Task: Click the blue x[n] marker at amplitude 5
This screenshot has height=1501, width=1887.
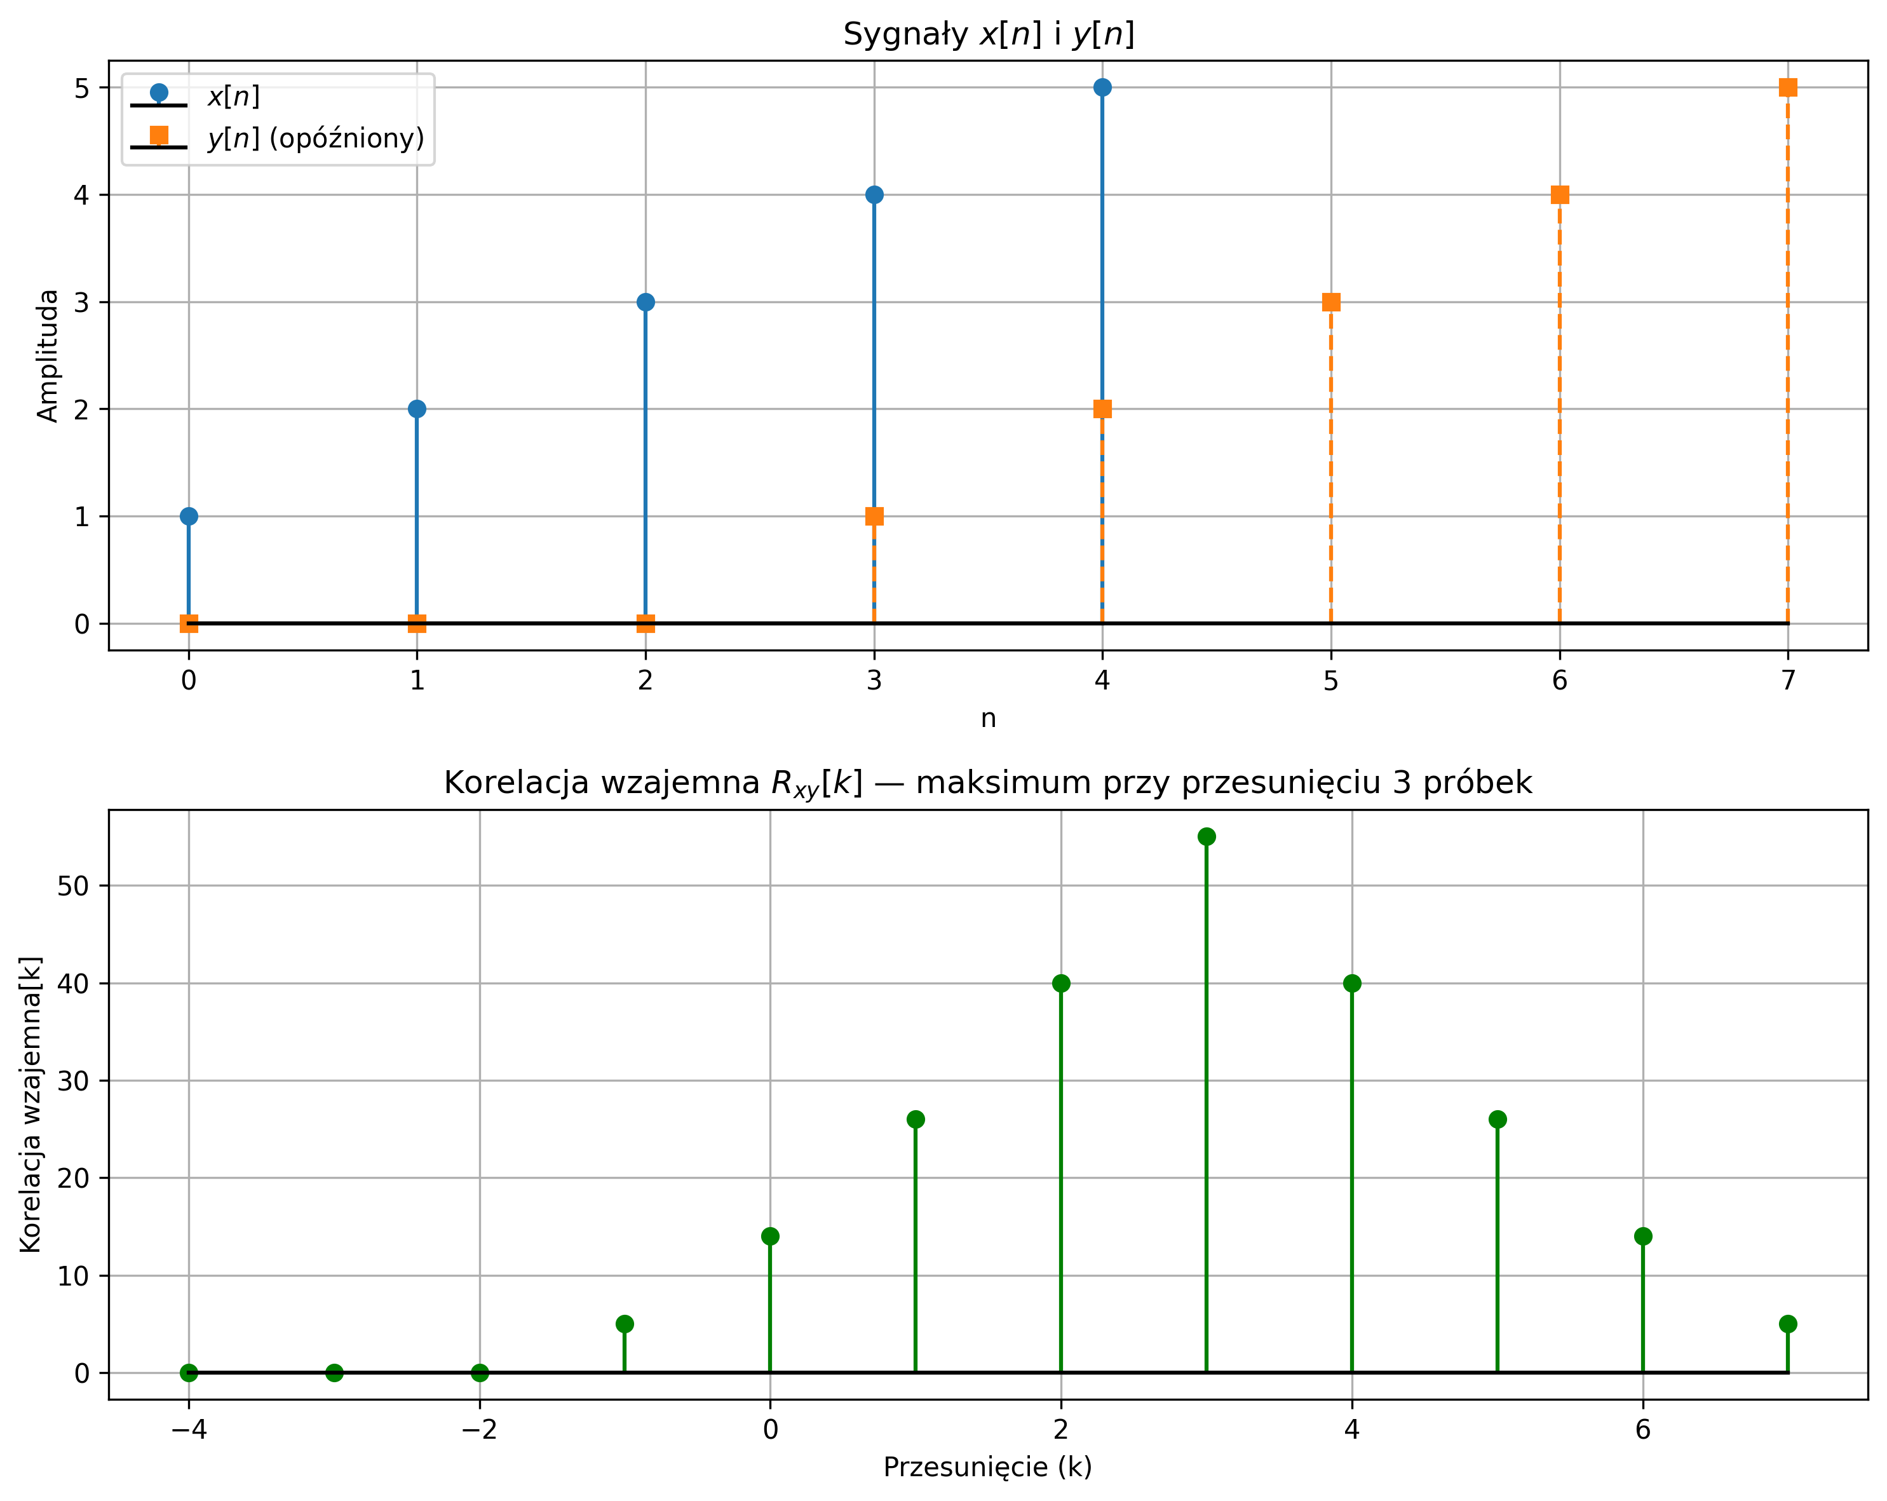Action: pyautogui.click(x=1102, y=88)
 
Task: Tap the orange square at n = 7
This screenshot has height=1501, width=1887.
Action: pyautogui.click(x=1788, y=88)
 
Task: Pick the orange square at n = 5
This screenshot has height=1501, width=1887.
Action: pyautogui.click(x=1331, y=302)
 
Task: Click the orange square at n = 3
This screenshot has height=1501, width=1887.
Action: pyautogui.click(x=874, y=517)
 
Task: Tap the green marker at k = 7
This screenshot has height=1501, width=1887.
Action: pyautogui.click(x=1788, y=1323)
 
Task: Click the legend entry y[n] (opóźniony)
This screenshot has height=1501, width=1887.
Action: pyautogui.click(x=315, y=139)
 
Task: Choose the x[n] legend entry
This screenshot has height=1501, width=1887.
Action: pyautogui.click(x=233, y=96)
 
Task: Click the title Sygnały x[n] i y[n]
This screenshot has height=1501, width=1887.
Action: pyautogui.click(x=988, y=35)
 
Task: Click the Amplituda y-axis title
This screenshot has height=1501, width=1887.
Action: pyautogui.click(x=48, y=355)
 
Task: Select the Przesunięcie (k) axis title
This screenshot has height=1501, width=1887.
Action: pyautogui.click(x=988, y=1467)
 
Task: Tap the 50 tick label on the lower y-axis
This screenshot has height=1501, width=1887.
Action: pyautogui.click(x=75, y=886)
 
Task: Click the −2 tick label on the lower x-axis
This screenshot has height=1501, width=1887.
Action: pyautogui.click(x=479, y=1430)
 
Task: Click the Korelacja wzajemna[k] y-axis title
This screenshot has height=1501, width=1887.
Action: pyautogui.click(x=30, y=1104)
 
